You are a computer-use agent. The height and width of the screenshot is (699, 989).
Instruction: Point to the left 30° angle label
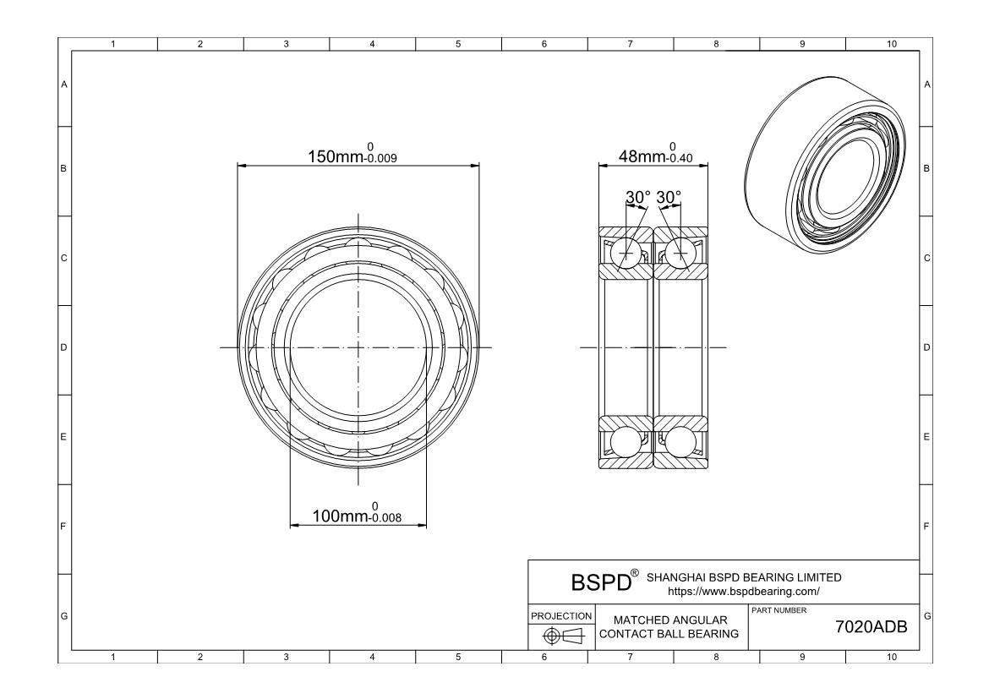pos(638,197)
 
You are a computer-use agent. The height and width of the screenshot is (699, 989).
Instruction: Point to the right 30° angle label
pos(669,197)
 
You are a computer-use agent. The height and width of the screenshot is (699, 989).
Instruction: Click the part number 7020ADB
pos(871,627)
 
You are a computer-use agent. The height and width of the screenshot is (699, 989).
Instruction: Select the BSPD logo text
pos(602,582)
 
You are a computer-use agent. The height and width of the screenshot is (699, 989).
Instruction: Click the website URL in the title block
pos(743,591)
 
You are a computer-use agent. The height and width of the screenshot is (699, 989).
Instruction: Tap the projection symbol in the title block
pos(562,636)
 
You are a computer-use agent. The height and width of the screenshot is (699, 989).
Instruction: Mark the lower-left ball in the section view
pos(626,443)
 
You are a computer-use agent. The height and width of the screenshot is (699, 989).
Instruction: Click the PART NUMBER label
pos(778,610)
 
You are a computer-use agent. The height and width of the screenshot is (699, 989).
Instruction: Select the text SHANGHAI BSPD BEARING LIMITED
pos(744,577)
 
